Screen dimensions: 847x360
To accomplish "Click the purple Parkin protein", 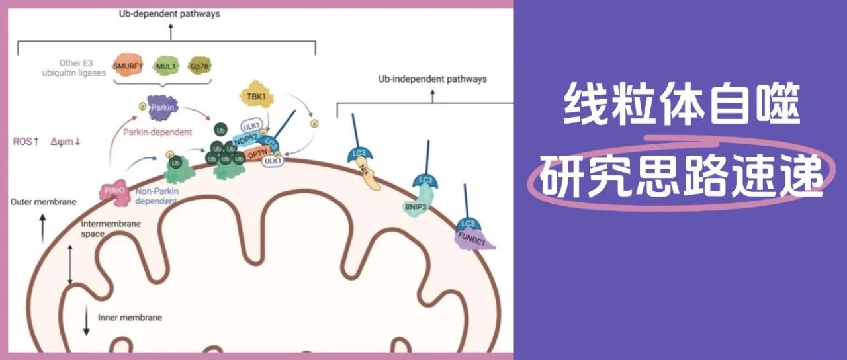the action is tap(162, 107).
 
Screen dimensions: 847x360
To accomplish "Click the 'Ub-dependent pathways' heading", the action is tap(170, 14).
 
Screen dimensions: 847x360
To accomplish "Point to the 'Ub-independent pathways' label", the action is tap(432, 79).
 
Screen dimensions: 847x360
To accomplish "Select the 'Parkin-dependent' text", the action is tap(158, 132).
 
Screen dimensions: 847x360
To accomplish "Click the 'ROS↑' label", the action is tap(27, 141).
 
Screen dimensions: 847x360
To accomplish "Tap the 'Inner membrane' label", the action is tap(130, 318).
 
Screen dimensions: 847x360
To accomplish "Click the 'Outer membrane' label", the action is tap(44, 202).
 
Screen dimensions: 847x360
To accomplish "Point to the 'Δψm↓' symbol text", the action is tap(66, 141).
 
